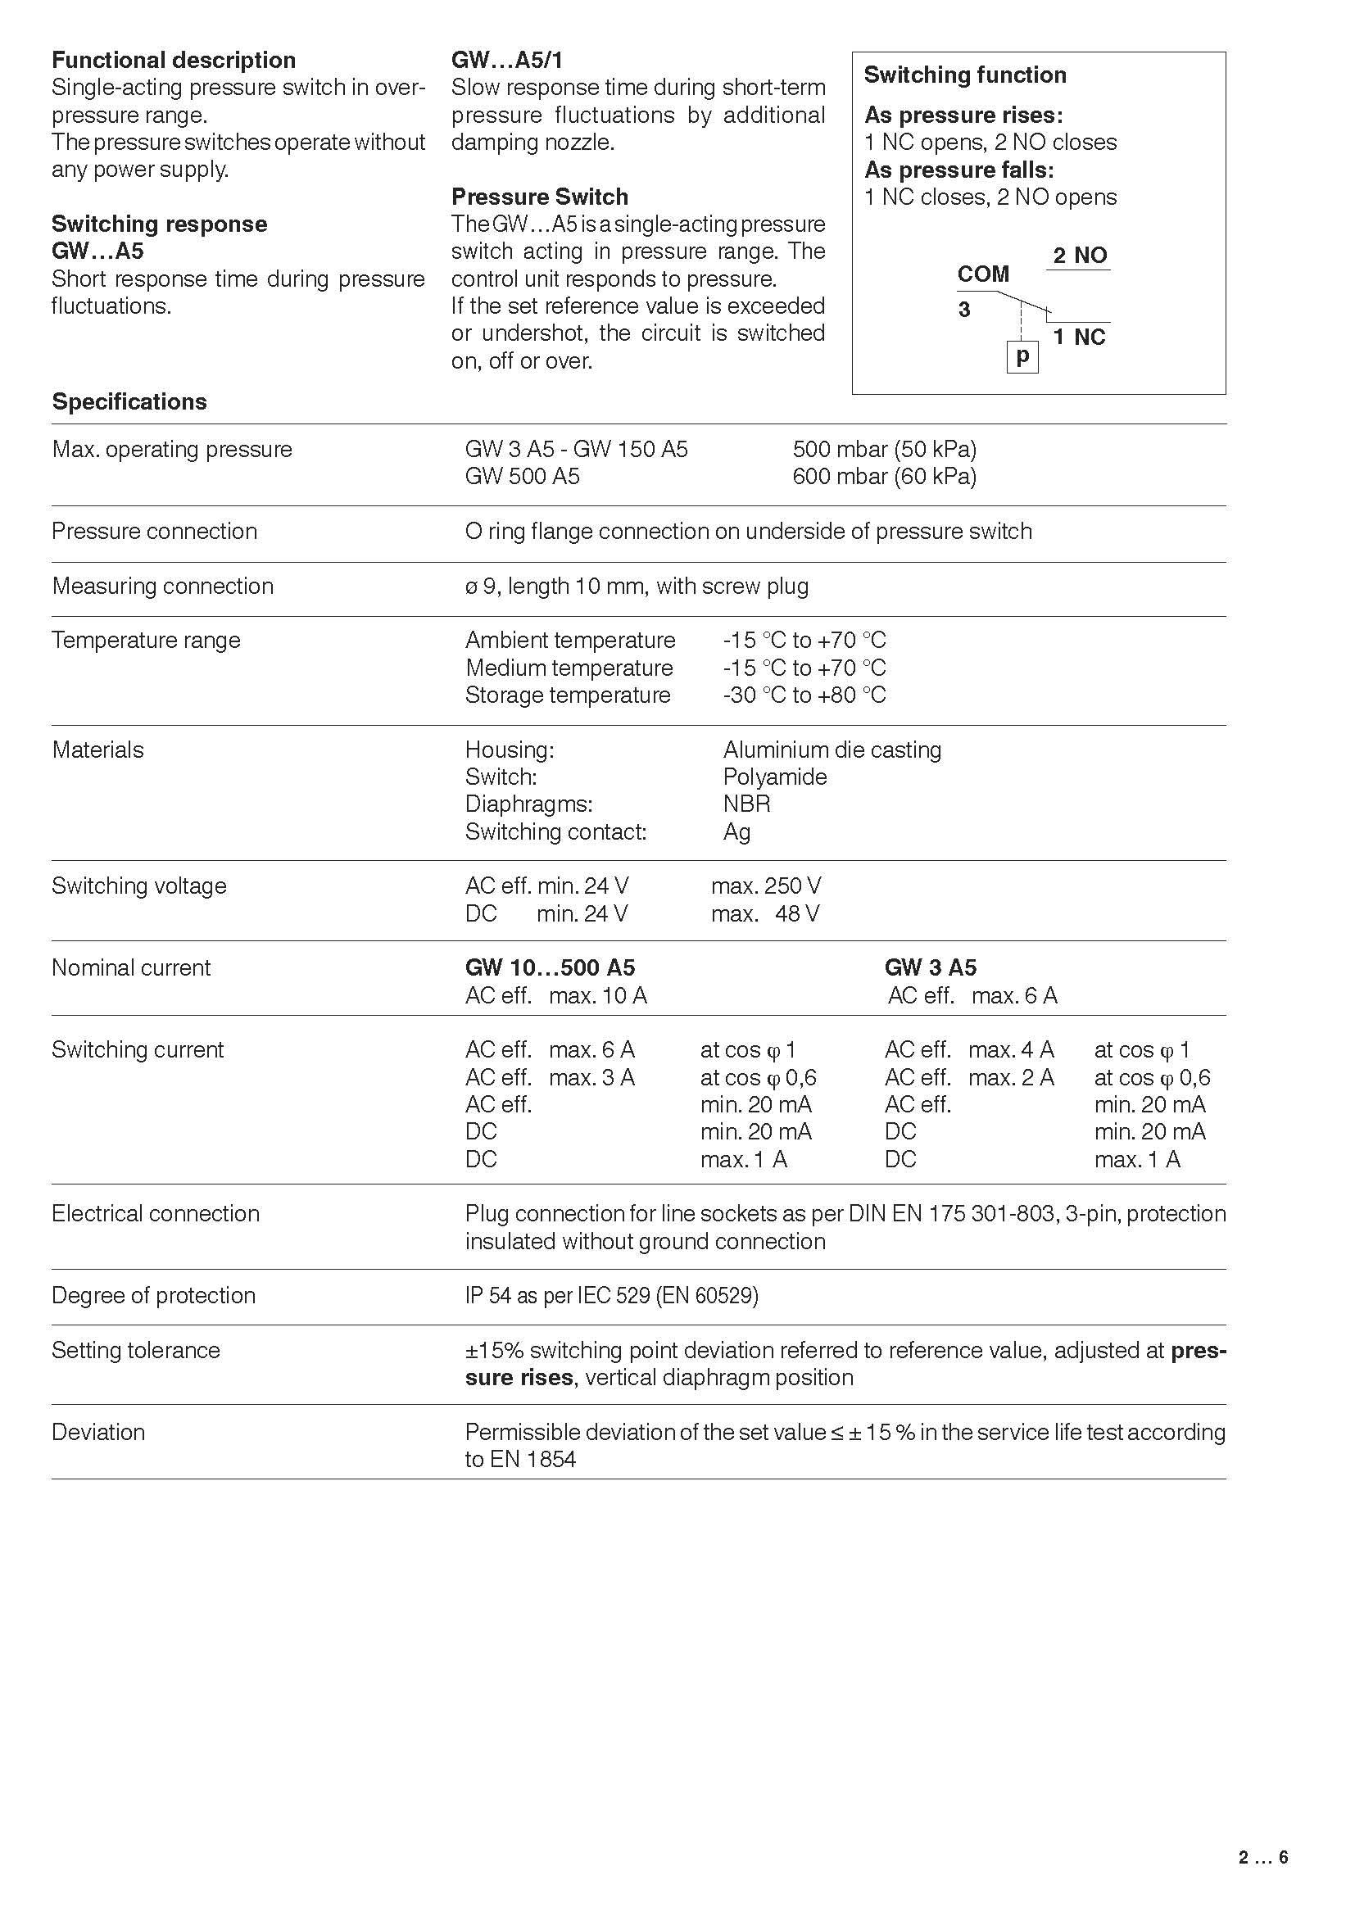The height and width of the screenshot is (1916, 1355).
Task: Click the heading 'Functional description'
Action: (174, 60)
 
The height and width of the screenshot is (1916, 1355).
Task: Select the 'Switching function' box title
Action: (964, 75)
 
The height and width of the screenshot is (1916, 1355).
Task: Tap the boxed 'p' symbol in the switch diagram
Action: (1022, 357)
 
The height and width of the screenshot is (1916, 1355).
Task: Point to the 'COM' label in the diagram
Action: (983, 274)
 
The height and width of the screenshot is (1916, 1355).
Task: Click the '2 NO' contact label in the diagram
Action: (1080, 256)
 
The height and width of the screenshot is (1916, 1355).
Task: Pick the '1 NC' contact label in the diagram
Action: (1079, 338)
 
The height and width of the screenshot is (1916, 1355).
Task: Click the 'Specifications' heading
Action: (129, 402)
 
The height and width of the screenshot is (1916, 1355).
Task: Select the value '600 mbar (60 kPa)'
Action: (885, 477)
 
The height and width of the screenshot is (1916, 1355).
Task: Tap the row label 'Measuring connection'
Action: (163, 587)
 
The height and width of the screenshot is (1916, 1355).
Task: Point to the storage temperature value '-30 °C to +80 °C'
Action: (804, 695)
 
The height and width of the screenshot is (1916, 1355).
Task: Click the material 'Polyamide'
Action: (775, 777)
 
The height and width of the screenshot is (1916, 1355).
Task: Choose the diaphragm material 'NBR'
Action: (747, 804)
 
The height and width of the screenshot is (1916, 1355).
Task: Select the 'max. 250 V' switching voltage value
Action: (766, 886)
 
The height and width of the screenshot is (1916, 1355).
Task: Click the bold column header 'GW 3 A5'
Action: (931, 968)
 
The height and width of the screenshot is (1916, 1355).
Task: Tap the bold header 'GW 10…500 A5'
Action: (550, 968)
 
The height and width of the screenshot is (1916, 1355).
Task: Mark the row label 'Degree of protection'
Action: (153, 1296)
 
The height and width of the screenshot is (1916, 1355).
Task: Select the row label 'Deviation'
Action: (98, 1433)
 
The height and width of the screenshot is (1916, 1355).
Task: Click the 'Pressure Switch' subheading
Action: (540, 197)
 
